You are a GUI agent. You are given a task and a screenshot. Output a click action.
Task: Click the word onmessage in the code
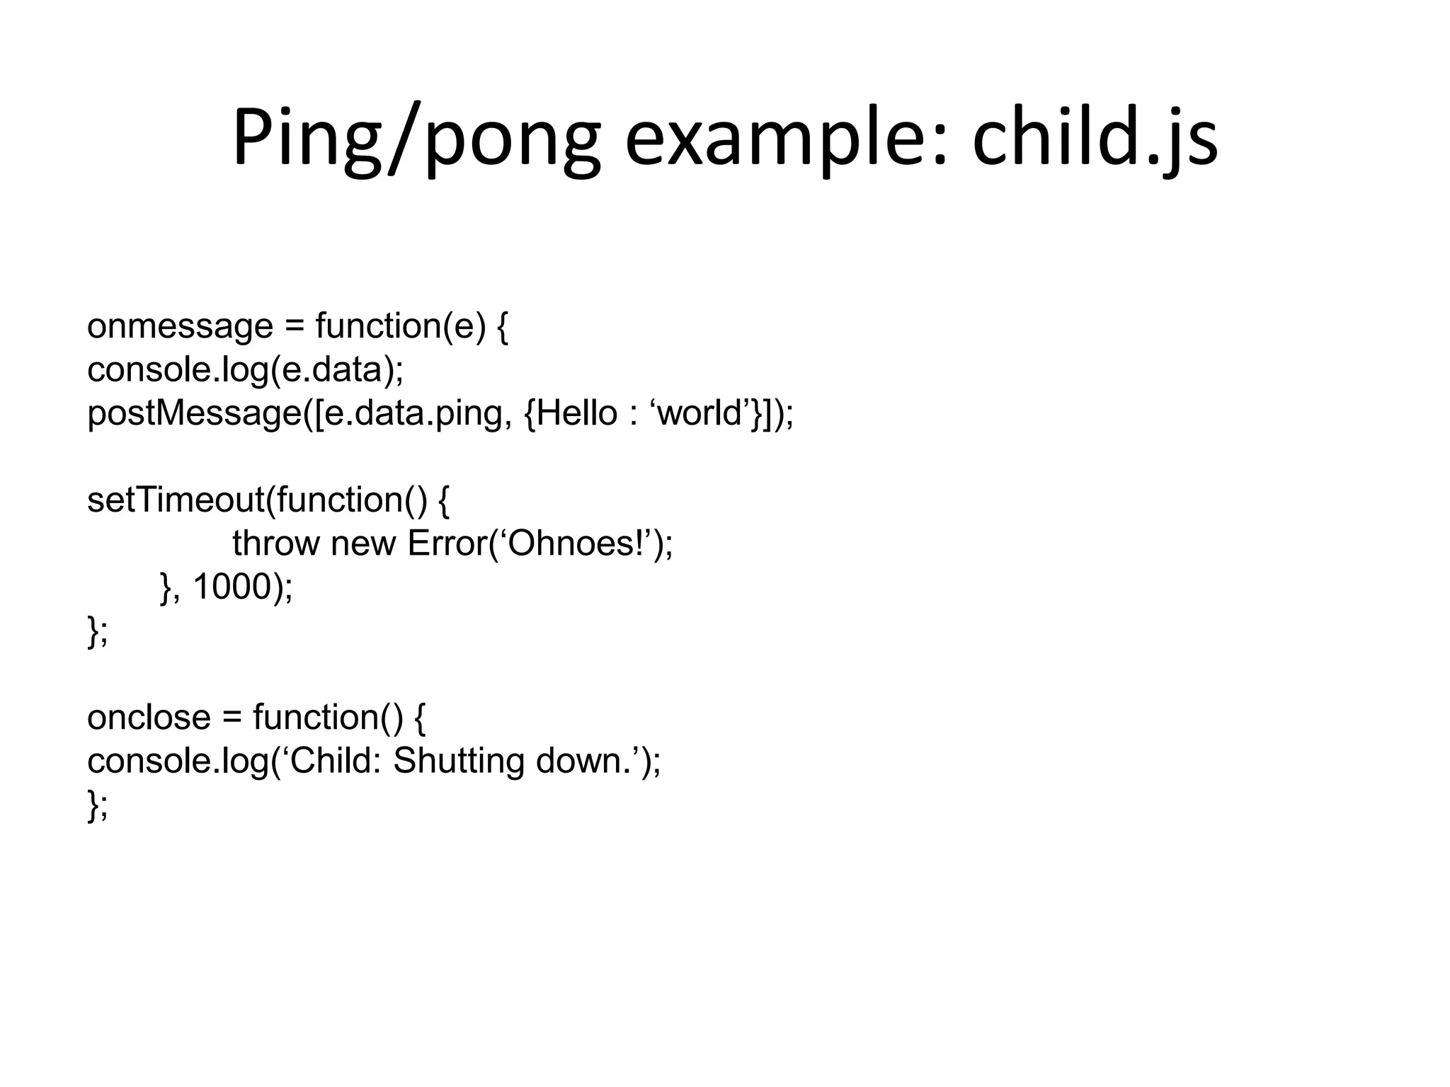pyautogui.click(x=180, y=326)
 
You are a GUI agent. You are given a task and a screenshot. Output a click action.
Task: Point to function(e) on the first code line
pyautogui.click(x=401, y=326)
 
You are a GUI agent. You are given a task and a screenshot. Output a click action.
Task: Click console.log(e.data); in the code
pyautogui.click(x=245, y=369)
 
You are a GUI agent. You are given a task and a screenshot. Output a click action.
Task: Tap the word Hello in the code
pyautogui.click(x=576, y=413)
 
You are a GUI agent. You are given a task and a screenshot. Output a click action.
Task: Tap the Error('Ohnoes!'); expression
pyautogui.click(x=540, y=543)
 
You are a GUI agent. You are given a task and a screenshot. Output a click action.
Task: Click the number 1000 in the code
pyautogui.click(x=232, y=587)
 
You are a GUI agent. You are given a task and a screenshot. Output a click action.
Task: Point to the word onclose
pyautogui.click(x=149, y=718)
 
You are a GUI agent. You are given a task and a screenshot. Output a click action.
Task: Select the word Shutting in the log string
pyautogui.click(x=458, y=761)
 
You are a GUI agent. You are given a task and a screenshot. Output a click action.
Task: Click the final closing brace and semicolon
pyautogui.click(x=98, y=805)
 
